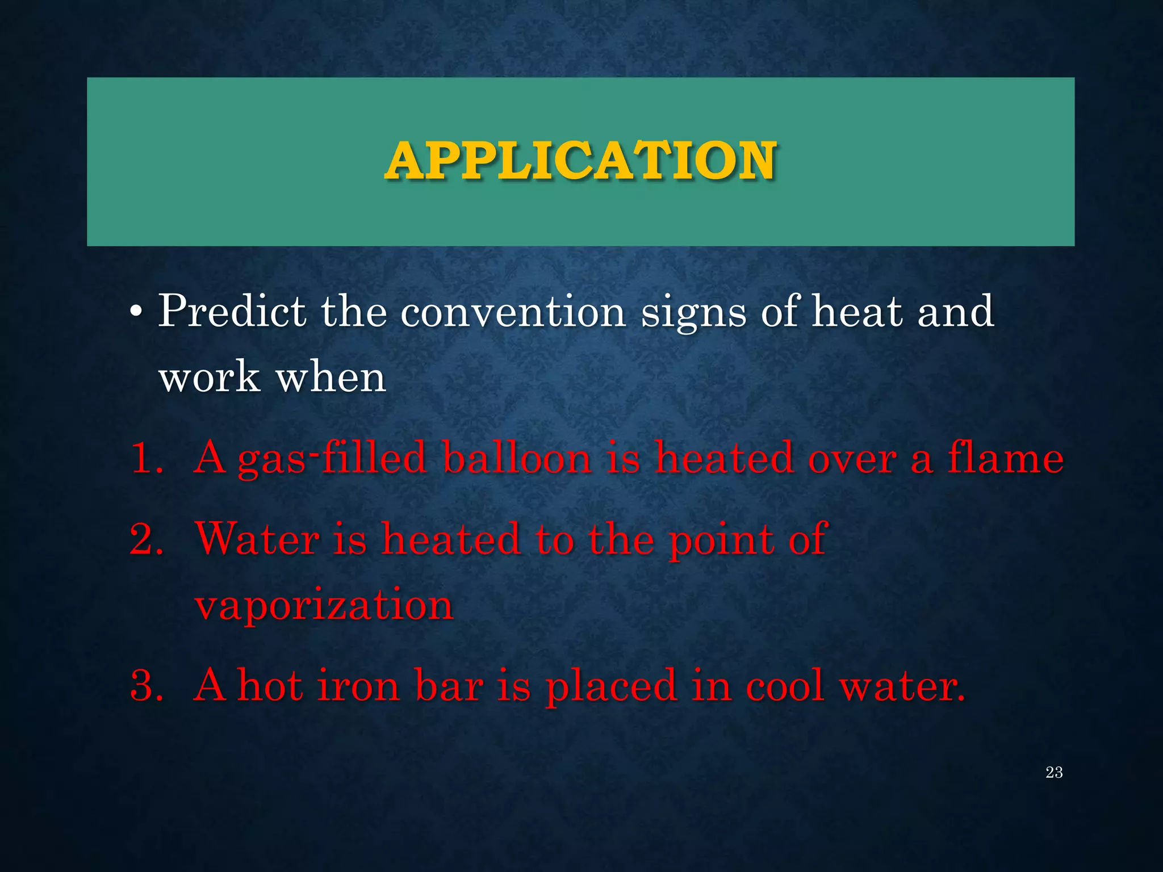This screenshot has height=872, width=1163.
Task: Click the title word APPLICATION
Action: click(x=580, y=161)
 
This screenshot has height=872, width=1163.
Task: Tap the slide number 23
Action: click(x=1054, y=773)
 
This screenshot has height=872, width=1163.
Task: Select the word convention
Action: click(x=513, y=312)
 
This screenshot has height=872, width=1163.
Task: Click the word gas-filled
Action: click(x=332, y=459)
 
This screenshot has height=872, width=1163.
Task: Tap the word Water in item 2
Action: click(x=257, y=539)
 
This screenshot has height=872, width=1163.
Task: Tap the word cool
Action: click(x=784, y=686)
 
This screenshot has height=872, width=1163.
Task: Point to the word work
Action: click(x=209, y=377)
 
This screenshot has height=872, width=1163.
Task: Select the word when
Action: click(x=331, y=377)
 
